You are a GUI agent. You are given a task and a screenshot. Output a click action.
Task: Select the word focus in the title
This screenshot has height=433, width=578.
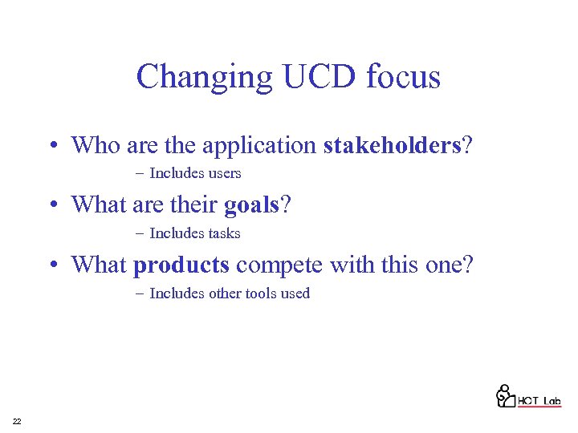[x=404, y=78]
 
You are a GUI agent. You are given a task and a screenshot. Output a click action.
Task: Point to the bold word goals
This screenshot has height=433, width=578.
[x=251, y=204]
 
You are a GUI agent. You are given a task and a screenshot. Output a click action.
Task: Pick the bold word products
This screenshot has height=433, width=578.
[x=181, y=264]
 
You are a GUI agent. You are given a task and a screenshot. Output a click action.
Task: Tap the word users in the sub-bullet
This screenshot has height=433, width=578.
[x=225, y=173]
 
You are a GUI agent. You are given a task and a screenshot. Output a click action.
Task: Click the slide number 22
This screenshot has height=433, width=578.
[x=17, y=422]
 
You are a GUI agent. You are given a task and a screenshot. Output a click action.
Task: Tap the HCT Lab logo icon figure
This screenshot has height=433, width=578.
[x=505, y=395]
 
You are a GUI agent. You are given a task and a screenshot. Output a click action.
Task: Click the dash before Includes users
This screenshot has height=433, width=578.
[x=140, y=173]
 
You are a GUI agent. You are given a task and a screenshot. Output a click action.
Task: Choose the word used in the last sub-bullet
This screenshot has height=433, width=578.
[x=295, y=293]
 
